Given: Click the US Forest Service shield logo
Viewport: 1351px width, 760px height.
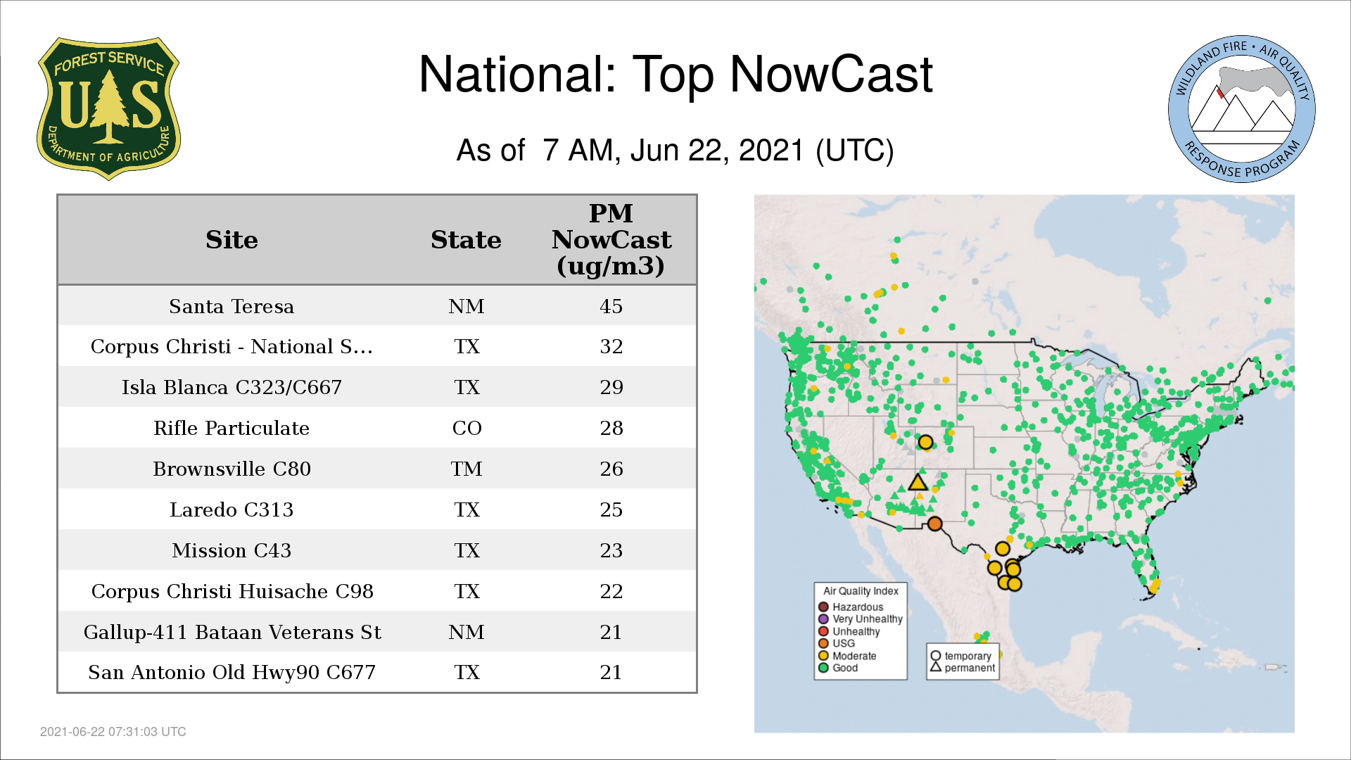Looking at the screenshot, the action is [x=108, y=108].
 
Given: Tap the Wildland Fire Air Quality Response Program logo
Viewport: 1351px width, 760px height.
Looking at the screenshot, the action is [x=1242, y=109].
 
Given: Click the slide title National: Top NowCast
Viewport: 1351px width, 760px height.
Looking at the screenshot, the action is [x=675, y=74].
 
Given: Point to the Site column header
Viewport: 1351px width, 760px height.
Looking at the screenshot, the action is [x=231, y=240].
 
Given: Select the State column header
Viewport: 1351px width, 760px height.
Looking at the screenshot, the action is [x=466, y=240].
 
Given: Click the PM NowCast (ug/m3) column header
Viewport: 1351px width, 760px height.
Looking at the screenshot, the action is [x=611, y=239].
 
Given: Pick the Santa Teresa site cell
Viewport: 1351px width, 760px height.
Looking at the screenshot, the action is [x=231, y=306].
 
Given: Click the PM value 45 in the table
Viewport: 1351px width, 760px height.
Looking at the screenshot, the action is [x=611, y=306].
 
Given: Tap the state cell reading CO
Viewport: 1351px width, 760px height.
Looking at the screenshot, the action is [x=467, y=428].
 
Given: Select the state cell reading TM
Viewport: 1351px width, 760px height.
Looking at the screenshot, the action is [x=467, y=469].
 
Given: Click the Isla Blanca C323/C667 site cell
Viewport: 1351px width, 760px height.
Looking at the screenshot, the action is [x=231, y=387].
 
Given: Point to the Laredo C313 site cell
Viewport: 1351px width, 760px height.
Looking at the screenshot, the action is [x=231, y=509].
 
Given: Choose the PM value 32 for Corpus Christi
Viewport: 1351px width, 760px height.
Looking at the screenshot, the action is [x=611, y=346].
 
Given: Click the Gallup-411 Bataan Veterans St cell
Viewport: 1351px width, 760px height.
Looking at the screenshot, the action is [x=232, y=632].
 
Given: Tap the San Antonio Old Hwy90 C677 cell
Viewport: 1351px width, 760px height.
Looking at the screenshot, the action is [x=231, y=672].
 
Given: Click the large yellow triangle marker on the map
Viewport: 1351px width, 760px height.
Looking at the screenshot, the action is [x=918, y=483].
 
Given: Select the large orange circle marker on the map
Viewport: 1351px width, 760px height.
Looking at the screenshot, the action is [x=934, y=524].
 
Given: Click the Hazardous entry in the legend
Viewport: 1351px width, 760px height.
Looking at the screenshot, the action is [x=851, y=607].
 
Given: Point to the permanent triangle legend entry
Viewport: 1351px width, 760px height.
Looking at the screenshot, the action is [x=963, y=668].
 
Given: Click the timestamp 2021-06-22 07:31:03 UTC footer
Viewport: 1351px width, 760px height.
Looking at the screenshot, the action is [x=113, y=732].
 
